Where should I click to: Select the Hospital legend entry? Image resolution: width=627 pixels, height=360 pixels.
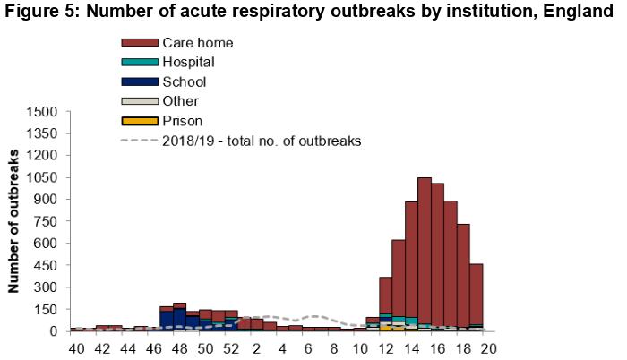[188, 62]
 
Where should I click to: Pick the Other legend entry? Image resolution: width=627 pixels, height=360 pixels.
[181, 101]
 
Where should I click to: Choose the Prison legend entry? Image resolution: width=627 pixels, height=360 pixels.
[183, 121]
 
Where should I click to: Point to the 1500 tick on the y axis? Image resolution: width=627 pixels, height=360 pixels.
[44, 112]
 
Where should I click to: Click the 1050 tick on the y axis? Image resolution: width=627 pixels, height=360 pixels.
[44, 177]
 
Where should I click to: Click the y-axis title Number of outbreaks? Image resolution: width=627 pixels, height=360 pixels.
[16, 222]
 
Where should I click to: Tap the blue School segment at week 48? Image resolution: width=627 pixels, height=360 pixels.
[179, 318]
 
